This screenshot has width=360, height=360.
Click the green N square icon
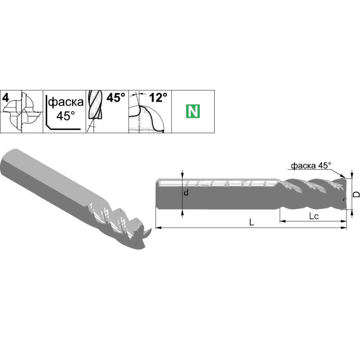pos(193,111)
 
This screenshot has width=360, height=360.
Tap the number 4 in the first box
pos(5,98)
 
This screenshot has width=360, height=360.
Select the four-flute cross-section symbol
pos(22,112)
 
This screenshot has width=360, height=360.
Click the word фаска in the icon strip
pos(66,102)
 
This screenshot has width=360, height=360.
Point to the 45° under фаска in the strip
pos(66,116)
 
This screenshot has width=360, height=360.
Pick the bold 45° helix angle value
pos(116,97)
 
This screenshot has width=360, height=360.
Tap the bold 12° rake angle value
pos(158,98)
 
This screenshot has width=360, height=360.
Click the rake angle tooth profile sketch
pos(147,118)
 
